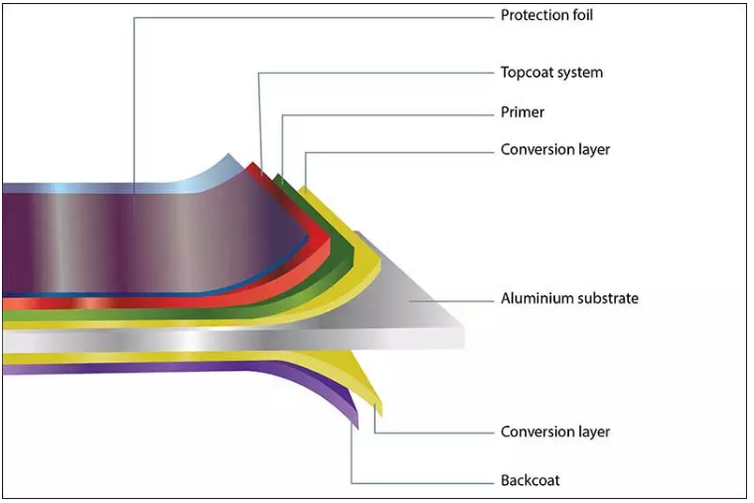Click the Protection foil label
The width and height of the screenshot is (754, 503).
point(546,15)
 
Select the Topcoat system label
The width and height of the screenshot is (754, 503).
point(551,73)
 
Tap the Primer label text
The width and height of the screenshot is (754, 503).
point(523,112)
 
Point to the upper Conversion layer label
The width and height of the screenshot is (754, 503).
point(555,150)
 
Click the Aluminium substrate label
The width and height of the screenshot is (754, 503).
point(569,298)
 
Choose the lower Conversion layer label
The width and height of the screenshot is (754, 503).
point(555,431)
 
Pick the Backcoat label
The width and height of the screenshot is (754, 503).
point(529,480)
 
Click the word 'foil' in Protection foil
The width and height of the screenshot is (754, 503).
point(583,15)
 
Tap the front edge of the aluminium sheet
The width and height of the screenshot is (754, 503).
point(233,340)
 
